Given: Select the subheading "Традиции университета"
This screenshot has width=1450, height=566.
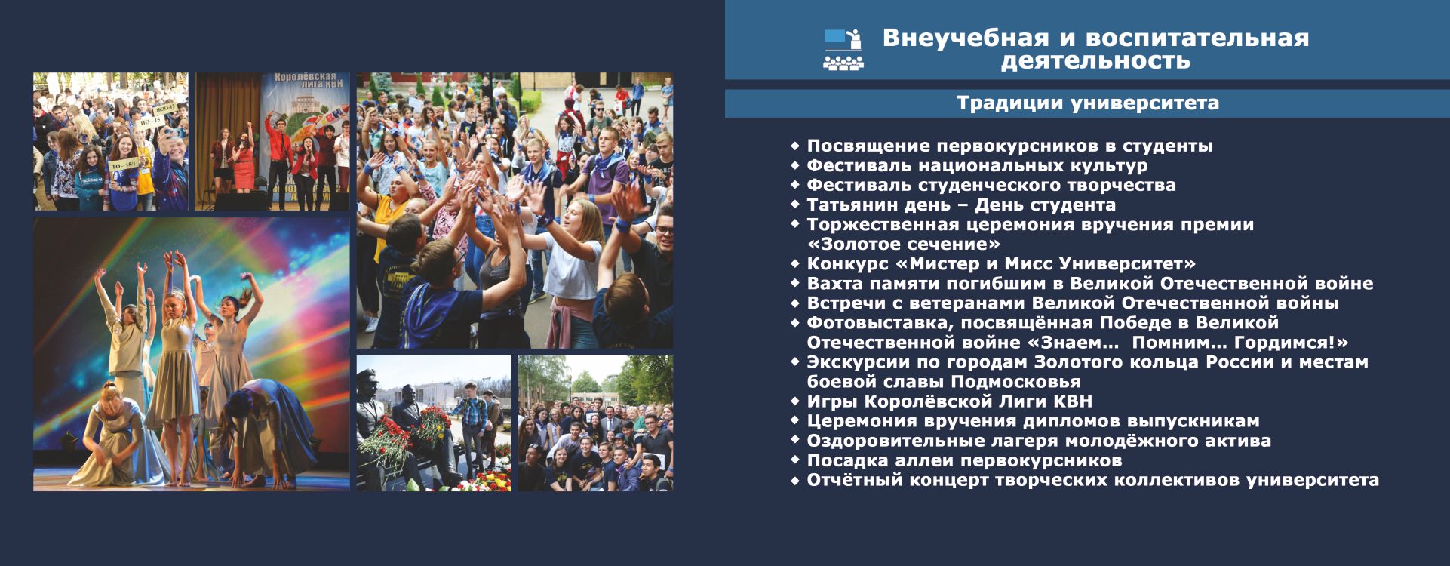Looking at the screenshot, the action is pos(1088,103).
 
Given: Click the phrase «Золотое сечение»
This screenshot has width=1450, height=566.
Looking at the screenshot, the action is pos(904,244).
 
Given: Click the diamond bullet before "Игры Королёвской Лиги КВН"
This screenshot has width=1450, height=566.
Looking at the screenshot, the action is pos(794,401).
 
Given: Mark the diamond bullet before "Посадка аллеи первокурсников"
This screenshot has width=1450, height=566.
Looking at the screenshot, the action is pos(794,460).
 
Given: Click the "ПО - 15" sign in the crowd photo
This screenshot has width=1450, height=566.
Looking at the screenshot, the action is pos(151,122).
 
